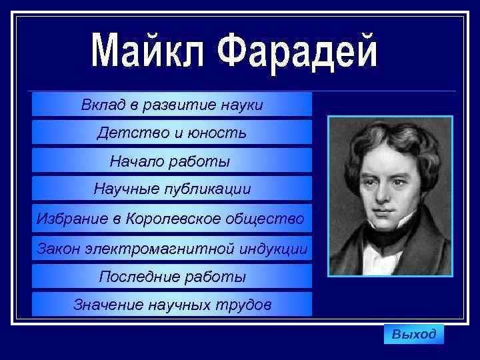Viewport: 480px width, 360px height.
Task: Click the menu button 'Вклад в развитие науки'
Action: tap(172, 105)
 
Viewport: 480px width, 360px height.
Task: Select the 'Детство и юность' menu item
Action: tap(172, 133)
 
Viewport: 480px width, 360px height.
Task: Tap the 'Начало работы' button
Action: tap(172, 161)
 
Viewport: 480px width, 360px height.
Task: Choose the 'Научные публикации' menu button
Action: tap(172, 189)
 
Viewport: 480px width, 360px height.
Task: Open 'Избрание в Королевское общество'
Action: tap(172, 218)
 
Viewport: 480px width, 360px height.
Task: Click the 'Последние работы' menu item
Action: tap(172, 276)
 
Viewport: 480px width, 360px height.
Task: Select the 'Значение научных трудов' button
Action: tap(172, 305)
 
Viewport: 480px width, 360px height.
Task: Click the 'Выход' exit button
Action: tap(413, 334)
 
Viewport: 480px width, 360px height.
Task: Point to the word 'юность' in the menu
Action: tap(220, 133)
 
